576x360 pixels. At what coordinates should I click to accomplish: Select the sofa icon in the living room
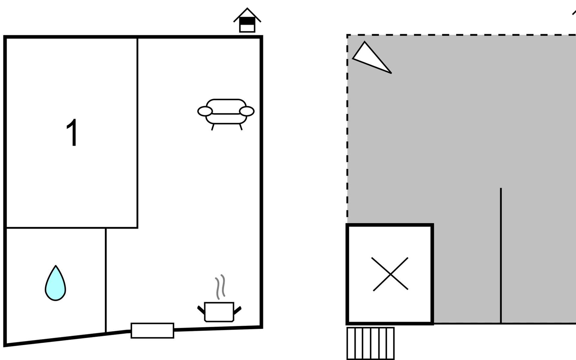pos(226,114)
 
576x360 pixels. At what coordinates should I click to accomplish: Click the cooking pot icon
pos(219,312)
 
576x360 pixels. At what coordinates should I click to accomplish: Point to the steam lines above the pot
pos(220,287)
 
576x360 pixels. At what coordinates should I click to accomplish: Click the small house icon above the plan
pos(247,20)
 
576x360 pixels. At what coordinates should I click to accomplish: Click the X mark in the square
pos(390,274)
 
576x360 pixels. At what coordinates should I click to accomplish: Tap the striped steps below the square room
pos(370,343)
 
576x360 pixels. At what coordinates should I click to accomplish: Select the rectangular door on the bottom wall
pos(152,331)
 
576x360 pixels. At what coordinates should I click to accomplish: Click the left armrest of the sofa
pos(205,111)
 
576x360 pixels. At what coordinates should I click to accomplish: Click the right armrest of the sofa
pos(247,111)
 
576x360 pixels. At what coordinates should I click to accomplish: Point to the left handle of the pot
pos(201,310)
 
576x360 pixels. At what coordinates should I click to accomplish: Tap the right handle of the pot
pos(237,310)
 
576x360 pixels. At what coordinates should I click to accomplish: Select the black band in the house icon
pos(247,21)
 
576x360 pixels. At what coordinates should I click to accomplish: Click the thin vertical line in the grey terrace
pos(501,256)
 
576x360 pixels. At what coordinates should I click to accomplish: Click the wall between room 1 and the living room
pos(137,133)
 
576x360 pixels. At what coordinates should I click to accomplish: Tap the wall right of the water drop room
pos(106,280)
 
